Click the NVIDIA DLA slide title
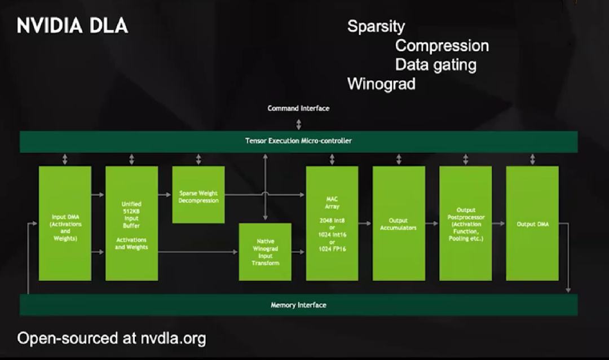coord(72,26)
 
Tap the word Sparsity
coord(376,27)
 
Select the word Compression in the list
coord(442,46)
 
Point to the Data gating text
coord(435,65)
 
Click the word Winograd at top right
coord(381,84)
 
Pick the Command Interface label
coord(298,108)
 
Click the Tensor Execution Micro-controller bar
coord(298,141)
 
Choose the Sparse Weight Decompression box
coord(198,194)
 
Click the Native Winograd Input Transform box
coord(265,252)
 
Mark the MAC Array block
coord(332,223)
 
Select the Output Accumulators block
coord(399,223)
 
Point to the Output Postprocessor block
coord(465,223)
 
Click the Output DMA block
coord(532,223)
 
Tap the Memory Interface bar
coord(298,305)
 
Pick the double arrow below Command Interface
coord(298,124)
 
